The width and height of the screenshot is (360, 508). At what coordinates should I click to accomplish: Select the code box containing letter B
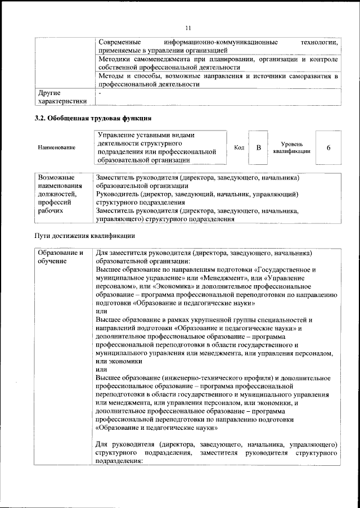click(258, 147)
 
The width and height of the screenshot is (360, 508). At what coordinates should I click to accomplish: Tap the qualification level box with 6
click(328, 147)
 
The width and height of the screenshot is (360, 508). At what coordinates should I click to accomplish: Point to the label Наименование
click(56, 147)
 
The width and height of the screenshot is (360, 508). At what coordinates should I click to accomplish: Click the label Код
click(238, 147)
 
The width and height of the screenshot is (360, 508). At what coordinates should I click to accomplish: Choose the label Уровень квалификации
click(292, 148)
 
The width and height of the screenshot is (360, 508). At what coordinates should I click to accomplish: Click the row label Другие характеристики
click(62, 97)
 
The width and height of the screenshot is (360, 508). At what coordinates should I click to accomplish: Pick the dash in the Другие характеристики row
click(100, 92)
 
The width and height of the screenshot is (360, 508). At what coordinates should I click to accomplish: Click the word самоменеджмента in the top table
click(164, 59)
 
